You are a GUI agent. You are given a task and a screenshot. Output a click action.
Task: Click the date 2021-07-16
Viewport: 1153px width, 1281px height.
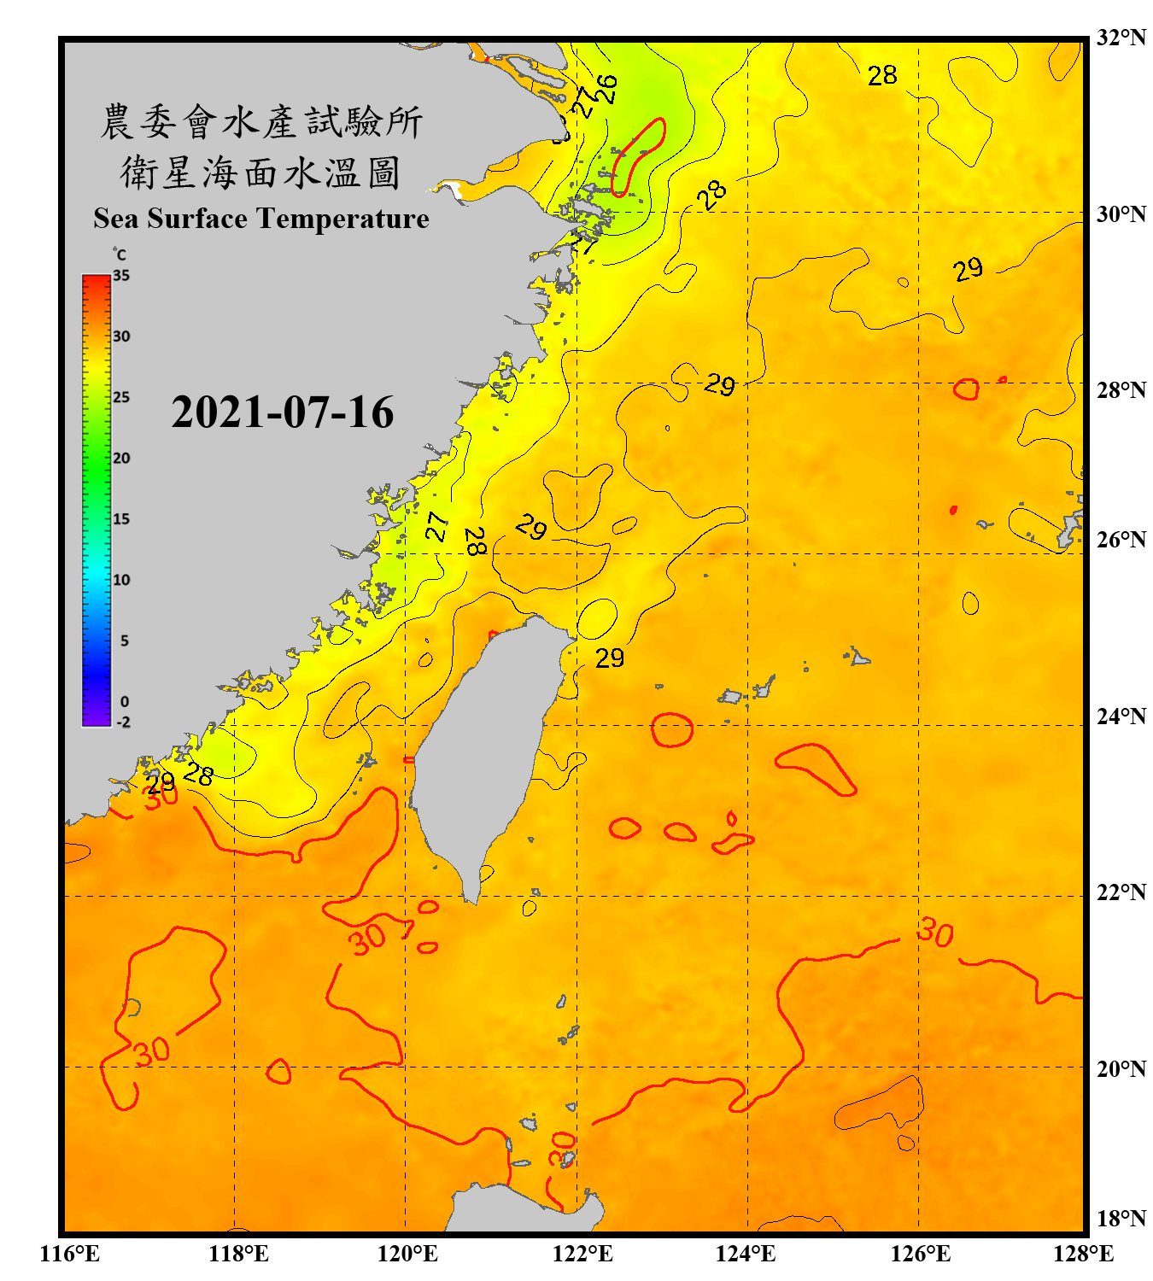[x=282, y=412]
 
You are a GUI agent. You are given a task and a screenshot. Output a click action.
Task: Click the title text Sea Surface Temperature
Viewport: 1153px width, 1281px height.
[x=261, y=219]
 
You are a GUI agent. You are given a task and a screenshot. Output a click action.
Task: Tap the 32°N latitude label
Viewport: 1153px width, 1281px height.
[x=1121, y=38]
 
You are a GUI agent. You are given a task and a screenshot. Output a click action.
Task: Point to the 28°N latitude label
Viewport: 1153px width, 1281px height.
[x=1121, y=390]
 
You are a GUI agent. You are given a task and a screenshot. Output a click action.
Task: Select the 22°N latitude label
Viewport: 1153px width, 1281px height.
[x=1121, y=892]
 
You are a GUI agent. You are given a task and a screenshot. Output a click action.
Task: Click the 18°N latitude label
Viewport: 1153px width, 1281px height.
[x=1121, y=1219]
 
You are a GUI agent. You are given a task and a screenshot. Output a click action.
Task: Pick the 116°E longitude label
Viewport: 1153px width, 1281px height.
[x=69, y=1254]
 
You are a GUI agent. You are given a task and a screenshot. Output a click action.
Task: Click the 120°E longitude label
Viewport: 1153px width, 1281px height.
[x=407, y=1254]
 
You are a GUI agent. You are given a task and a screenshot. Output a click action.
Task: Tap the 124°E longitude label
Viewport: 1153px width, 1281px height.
[x=746, y=1254]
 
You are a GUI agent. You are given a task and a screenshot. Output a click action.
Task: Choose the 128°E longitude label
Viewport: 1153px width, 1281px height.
[x=1083, y=1254]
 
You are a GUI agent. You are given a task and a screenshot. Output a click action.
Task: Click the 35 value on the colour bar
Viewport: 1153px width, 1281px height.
[x=121, y=276]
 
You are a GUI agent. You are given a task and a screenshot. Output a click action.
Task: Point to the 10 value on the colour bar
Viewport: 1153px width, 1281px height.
[x=121, y=580]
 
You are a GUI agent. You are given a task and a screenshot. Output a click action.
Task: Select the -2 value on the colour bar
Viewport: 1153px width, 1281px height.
[x=123, y=722]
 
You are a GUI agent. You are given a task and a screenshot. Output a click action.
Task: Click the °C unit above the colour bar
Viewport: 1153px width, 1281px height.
[x=120, y=254]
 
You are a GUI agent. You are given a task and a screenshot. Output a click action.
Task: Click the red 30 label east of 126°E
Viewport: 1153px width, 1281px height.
[x=935, y=933]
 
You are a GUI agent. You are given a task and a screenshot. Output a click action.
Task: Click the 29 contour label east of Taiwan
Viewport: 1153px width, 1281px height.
[x=610, y=658]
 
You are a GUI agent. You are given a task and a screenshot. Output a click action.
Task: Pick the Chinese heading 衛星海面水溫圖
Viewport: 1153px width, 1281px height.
[x=260, y=173]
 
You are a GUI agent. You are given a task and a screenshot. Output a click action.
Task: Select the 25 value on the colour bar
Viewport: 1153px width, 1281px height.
[x=121, y=397]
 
